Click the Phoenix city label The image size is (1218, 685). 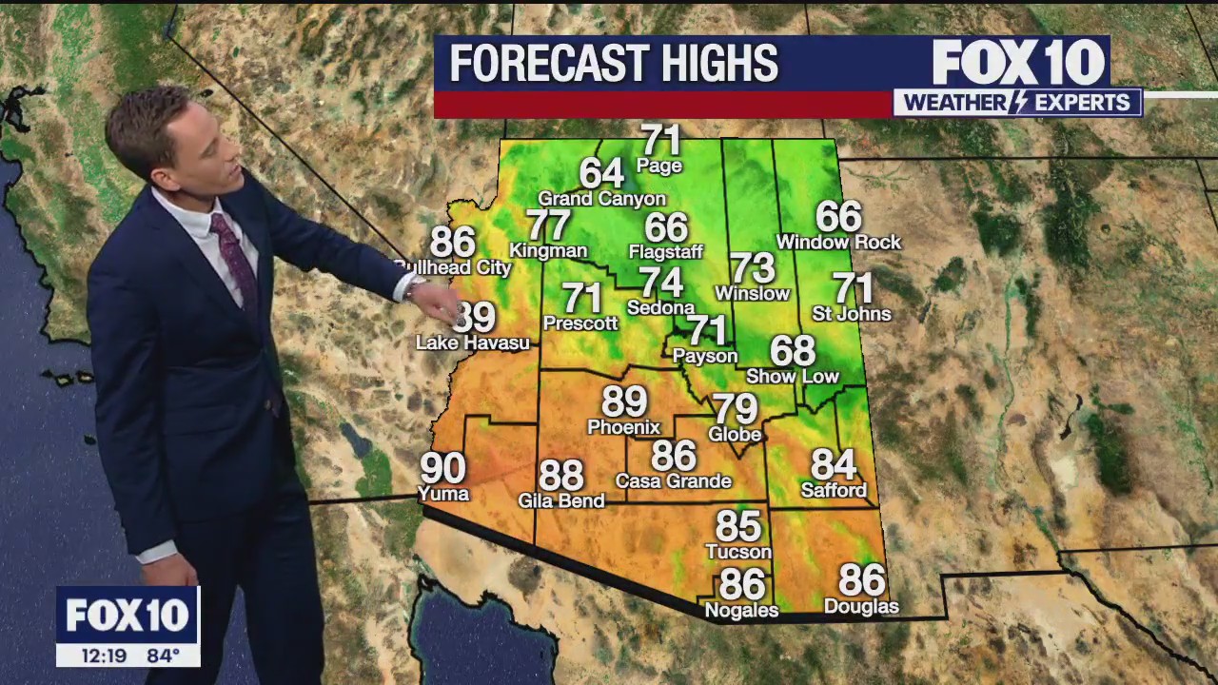(623, 427)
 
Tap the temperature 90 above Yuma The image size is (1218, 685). (442, 468)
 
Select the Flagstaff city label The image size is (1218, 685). (665, 252)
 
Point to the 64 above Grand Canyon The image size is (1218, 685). (601, 173)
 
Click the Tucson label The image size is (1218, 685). (737, 552)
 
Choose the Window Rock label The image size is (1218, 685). (837, 243)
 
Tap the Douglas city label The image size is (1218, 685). (860, 607)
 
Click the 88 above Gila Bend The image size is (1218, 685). (560, 475)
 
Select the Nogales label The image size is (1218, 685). (741, 611)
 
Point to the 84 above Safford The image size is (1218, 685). (834, 464)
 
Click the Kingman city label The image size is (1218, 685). (548, 251)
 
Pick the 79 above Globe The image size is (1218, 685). (736, 409)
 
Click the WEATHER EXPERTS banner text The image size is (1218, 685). (1016, 103)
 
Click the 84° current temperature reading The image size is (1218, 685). (163, 655)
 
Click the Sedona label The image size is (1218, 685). (660, 308)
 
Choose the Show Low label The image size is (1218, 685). (792, 377)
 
